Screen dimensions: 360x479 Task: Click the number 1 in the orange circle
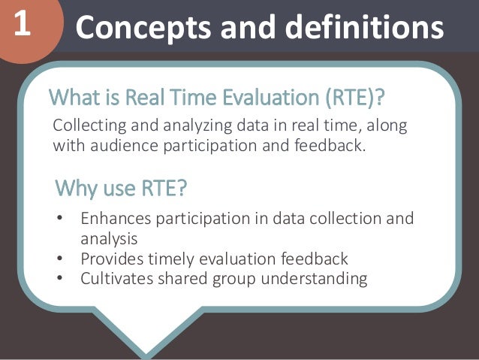coord(22,25)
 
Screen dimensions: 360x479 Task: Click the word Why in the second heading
coord(77,188)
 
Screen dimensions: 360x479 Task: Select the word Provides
coord(110,259)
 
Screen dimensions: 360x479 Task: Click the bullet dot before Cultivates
coord(60,280)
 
